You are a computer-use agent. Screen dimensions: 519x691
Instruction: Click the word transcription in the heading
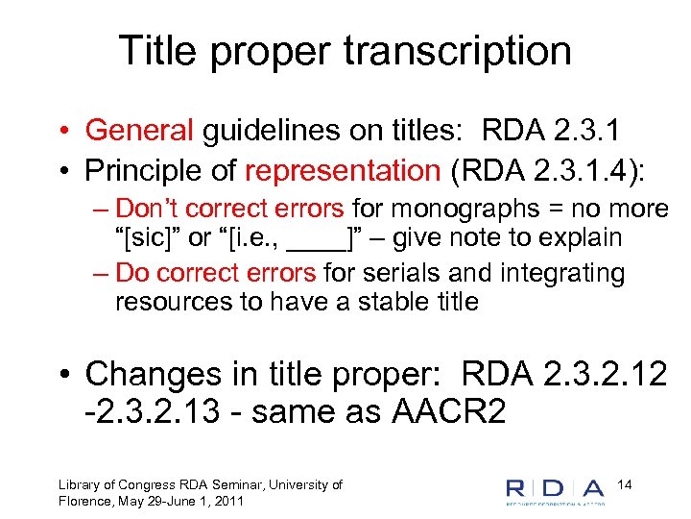tap(463, 52)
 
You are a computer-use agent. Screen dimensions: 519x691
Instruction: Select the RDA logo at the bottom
tap(556, 490)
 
